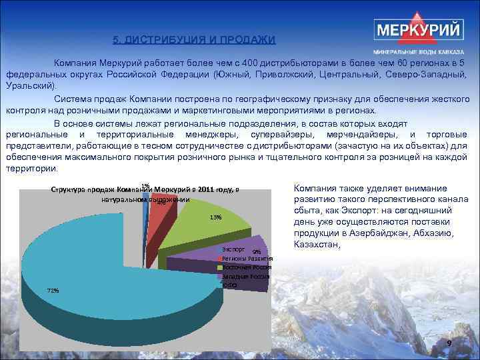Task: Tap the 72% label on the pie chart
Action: (53, 290)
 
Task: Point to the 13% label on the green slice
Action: (215, 217)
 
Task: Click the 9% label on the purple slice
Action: (257, 251)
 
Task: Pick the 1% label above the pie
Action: (145, 185)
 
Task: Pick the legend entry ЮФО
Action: (229, 285)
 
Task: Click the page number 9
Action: (449, 343)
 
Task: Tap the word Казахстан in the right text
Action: (317, 245)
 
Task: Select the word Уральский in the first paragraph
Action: (31, 85)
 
